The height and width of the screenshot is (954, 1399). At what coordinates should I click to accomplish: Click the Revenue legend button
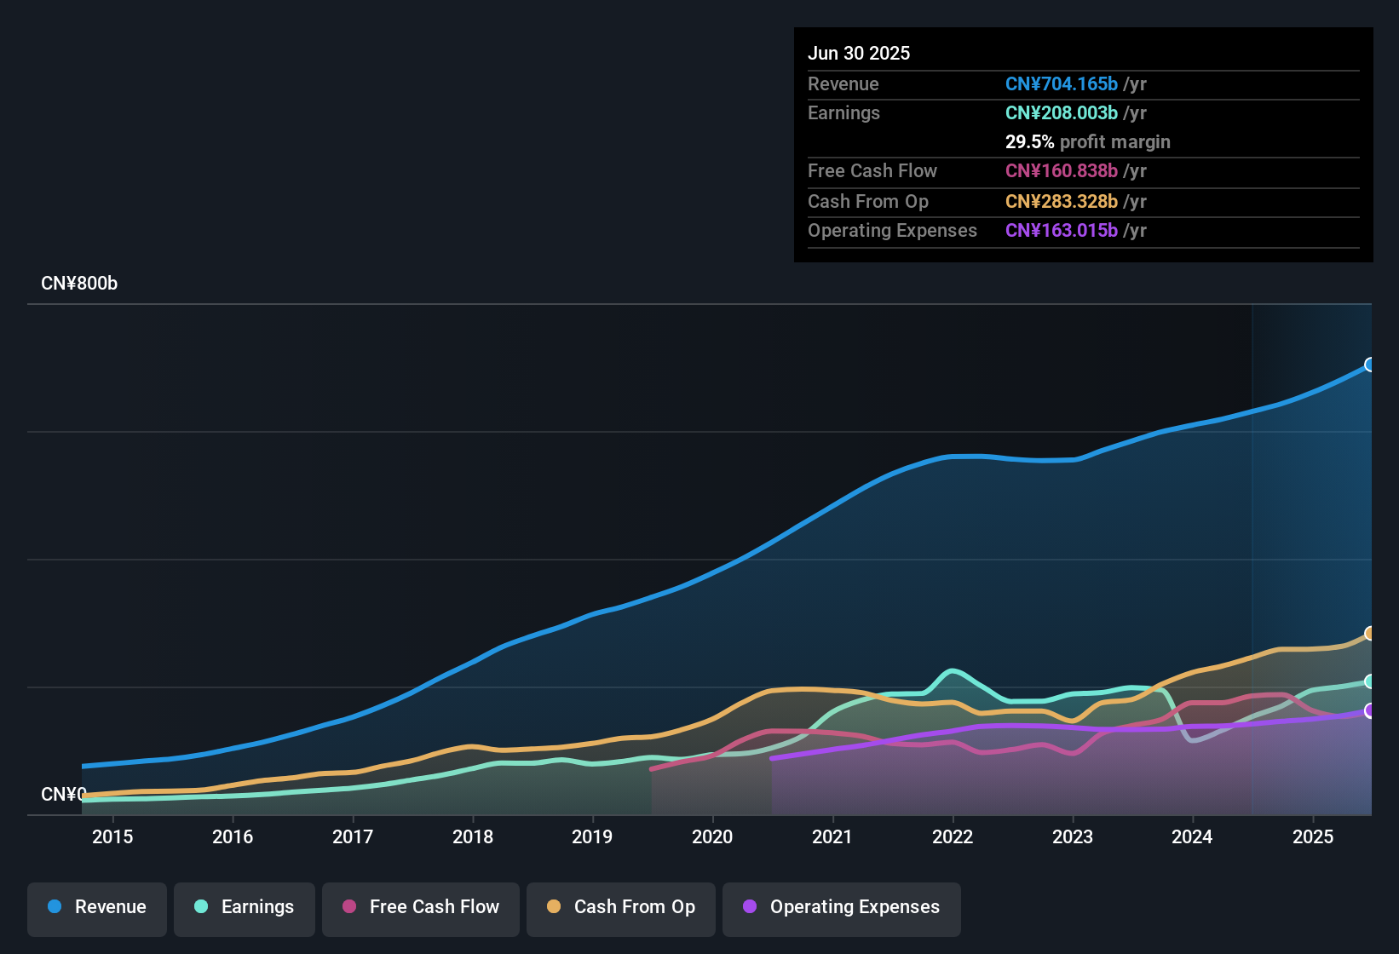pos(97,907)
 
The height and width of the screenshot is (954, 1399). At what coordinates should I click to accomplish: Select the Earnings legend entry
pos(245,907)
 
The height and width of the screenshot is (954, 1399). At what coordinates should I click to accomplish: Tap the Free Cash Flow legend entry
pos(421,907)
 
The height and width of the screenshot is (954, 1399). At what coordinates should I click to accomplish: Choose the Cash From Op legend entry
pos(621,907)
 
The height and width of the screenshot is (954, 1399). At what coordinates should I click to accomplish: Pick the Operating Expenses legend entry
pos(842,907)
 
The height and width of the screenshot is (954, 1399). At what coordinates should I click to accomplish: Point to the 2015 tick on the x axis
pos(112,837)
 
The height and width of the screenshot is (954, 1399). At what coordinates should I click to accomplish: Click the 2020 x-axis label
pos(712,837)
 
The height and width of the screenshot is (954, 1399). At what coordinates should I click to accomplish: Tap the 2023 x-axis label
pos(1073,837)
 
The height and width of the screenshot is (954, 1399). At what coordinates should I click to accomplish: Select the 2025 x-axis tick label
pos(1313,837)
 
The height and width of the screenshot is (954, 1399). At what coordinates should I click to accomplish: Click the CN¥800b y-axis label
pos(79,284)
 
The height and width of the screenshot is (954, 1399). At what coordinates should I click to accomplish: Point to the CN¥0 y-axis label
pos(63,795)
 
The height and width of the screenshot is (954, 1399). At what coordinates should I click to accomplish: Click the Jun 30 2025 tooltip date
pos(859,54)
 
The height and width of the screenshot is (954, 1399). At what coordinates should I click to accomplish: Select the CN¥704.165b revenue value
pos(1061,84)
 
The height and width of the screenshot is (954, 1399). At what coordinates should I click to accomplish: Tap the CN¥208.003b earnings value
pos(1061,113)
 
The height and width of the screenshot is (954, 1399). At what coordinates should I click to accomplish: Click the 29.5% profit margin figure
pos(1029,142)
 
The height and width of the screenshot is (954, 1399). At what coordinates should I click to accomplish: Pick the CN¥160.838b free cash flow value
pos(1061,171)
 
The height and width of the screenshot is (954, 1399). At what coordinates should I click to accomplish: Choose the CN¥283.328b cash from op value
pos(1061,202)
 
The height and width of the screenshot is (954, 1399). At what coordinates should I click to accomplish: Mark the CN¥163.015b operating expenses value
pos(1061,231)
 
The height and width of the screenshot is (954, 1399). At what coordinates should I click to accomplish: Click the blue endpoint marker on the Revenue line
pos(1369,365)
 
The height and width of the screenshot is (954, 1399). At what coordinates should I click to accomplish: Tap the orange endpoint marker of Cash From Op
pos(1369,633)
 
